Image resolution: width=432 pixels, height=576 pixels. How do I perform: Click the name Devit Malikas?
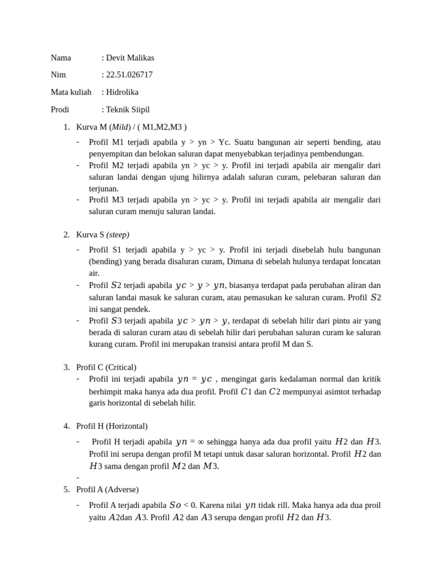130,57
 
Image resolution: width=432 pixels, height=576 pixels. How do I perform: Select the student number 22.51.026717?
129,75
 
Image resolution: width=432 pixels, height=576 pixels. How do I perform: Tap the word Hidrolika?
122,92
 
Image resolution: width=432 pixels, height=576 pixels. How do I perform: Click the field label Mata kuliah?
71,92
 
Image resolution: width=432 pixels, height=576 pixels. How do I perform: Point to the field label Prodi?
60,110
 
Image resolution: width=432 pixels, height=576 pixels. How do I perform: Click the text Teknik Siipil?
128,110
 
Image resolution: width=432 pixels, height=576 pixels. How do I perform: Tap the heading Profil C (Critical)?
106,367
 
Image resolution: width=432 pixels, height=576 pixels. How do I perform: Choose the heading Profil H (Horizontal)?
112,426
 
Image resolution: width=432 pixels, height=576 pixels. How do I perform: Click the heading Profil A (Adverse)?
107,489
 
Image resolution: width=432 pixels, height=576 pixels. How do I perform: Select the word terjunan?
103,189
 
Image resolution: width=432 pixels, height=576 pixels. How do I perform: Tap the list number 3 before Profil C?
66,367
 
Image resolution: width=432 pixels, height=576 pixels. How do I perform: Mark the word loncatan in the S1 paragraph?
365,261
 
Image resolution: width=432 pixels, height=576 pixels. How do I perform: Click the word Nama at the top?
61,57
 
